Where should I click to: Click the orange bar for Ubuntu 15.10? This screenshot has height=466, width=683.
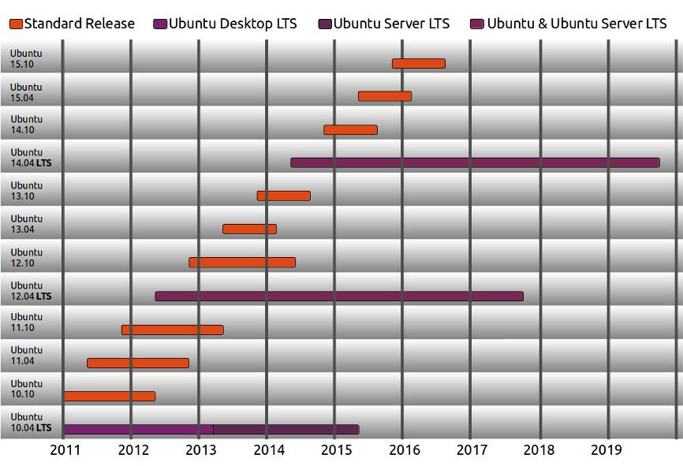tap(418, 63)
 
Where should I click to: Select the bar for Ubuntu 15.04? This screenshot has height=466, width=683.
tap(384, 96)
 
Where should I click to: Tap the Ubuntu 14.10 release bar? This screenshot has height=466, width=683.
tap(350, 129)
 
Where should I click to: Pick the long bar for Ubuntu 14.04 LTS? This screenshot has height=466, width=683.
tap(474, 162)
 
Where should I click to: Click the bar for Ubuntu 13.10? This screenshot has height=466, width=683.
tap(283, 196)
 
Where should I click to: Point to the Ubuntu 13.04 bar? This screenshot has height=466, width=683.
tap(249, 229)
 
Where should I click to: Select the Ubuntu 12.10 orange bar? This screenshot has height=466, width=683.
tap(241, 262)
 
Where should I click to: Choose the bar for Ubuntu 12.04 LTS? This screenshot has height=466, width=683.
tap(338, 296)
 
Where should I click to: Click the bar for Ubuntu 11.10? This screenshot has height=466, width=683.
tap(172, 330)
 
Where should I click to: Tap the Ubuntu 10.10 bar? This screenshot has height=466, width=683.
tap(109, 396)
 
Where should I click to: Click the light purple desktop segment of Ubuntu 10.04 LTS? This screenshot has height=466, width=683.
tap(137, 429)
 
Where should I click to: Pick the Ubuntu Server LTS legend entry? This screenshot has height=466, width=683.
tap(391, 24)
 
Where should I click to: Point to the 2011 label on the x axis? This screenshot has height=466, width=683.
tap(64, 449)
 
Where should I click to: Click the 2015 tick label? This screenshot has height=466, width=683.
tap(336, 449)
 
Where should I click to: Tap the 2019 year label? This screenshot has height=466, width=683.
tap(607, 449)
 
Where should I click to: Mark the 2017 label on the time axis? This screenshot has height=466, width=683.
tap(472, 449)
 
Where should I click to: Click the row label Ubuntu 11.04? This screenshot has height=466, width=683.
tap(26, 356)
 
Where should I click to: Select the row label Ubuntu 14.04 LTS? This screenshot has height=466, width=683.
tap(31, 158)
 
